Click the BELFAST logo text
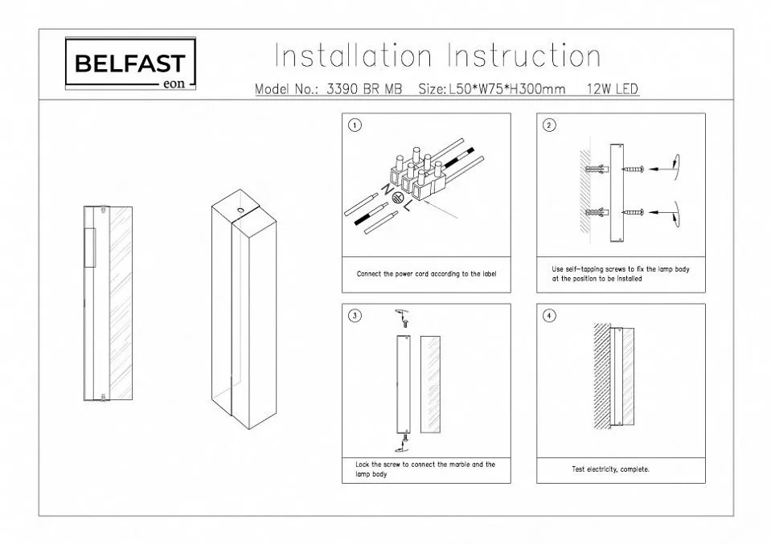[x=129, y=63]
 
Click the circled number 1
[x=355, y=125]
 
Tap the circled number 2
[x=549, y=125]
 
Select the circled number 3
[x=355, y=316]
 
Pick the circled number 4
[x=549, y=316]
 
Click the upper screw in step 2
[x=634, y=169]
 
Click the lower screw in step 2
[x=634, y=212]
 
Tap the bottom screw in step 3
[x=407, y=437]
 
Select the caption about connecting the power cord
[x=426, y=274]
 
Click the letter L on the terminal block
[x=408, y=207]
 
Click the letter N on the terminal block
[x=384, y=190]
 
